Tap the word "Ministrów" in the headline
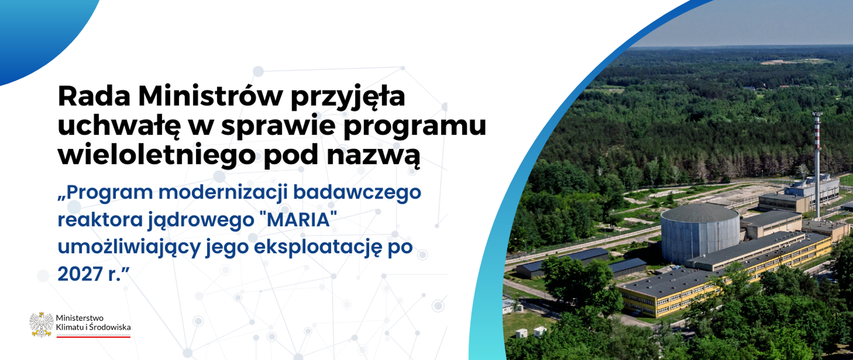click(211, 96)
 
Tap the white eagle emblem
click(41, 324)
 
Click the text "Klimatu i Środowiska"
click(93, 328)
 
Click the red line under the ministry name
click(93, 336)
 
